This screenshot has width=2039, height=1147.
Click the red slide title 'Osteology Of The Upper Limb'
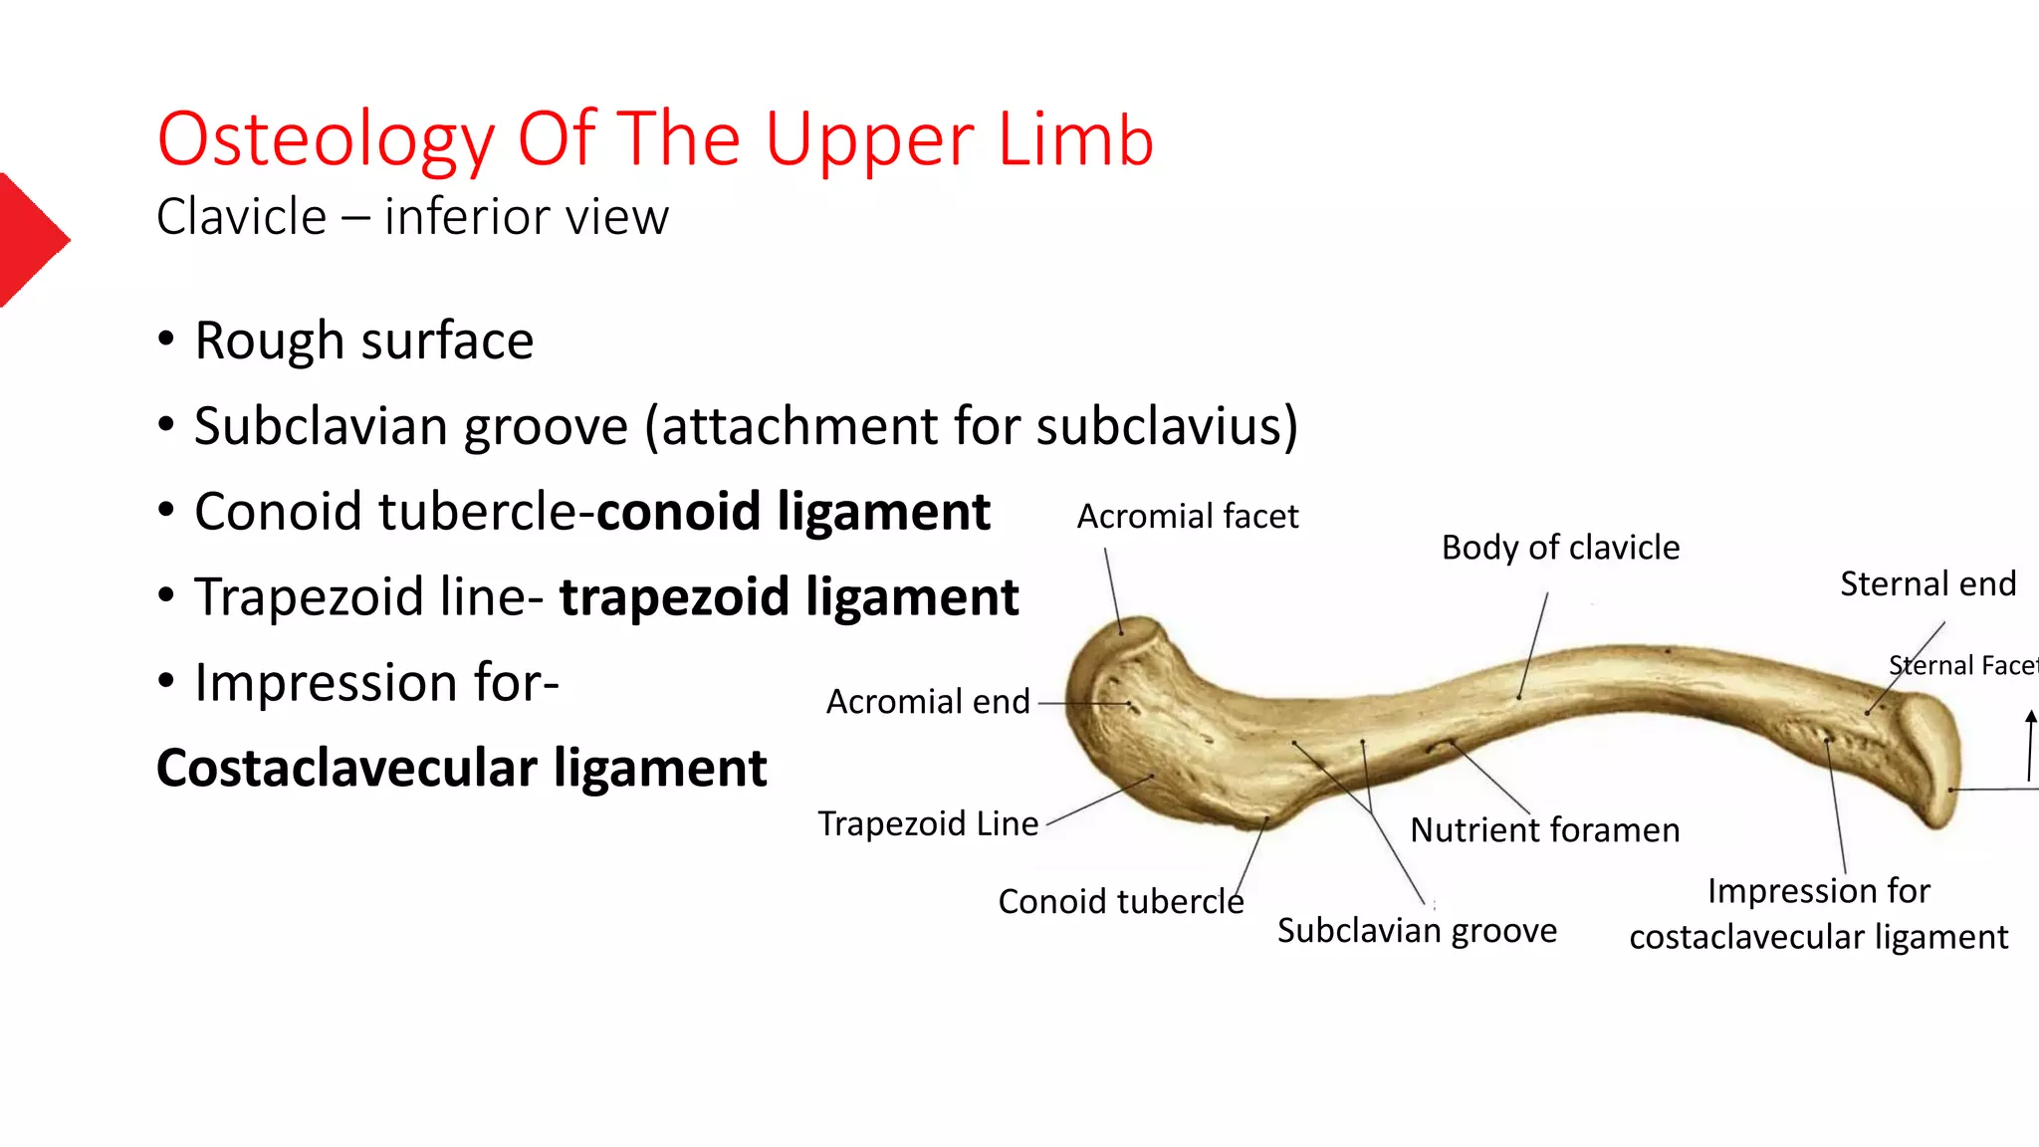click(x=655, y=139)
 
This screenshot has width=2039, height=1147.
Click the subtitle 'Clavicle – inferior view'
click(x=412, y=217)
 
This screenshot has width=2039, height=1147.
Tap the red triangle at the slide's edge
click(x=33, y=240)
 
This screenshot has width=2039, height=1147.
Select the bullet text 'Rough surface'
click(x=363, y=341)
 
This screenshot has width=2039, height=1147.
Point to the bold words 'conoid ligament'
click(x=793, y=512)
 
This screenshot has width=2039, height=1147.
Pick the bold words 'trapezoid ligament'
click(x=789, y=597)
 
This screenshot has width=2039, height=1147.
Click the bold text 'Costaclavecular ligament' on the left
click(x=462, y=768)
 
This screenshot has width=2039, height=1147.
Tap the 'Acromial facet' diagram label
click(x=1188, y=516)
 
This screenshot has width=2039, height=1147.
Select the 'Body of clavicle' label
click(x=1560, y=548)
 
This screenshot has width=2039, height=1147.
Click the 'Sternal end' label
click(x=1927, y=583)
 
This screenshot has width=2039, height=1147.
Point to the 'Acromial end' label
click(x=928, y=702)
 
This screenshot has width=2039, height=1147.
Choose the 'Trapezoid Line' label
click(x=928, y=823)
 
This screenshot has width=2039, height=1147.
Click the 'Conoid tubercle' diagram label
click(x=1121, y=901)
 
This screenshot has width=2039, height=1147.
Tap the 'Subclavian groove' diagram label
click(x=1417, y=930)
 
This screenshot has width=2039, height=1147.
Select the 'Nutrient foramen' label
click(x=1545, y=829)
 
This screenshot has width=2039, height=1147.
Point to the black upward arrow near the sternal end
click(x=2031, y=746)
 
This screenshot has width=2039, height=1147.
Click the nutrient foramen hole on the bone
click(x=1440, y=746)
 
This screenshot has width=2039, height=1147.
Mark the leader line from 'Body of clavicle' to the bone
click(x=1533, y=645)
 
